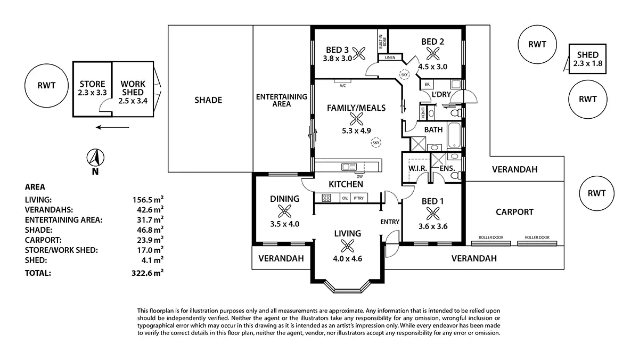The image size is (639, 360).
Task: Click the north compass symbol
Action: (95, 158)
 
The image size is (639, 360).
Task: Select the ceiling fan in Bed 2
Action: (432, 53)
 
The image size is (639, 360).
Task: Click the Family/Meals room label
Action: (356, 108)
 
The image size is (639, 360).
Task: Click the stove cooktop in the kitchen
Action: (325, 198)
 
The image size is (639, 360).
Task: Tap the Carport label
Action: (514, 212)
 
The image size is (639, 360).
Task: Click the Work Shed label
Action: (133, 88)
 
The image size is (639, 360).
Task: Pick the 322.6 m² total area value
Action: (148, 273)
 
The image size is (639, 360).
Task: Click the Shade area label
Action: (208, 100)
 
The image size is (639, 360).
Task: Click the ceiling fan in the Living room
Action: (347, 246)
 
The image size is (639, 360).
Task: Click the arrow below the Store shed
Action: (112, 127)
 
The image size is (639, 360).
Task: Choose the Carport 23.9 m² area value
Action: (148, 240)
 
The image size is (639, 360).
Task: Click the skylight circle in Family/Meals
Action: (376, 142)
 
